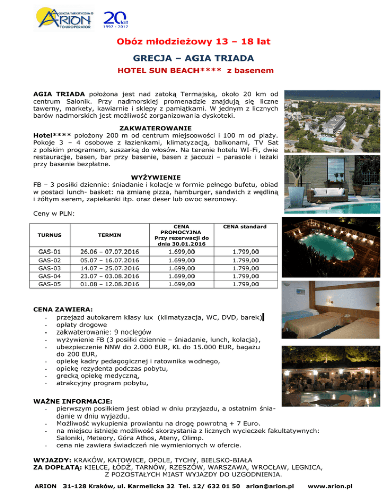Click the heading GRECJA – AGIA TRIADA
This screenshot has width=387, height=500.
pos(193,58)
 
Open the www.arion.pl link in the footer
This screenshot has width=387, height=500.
pos(330,487)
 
